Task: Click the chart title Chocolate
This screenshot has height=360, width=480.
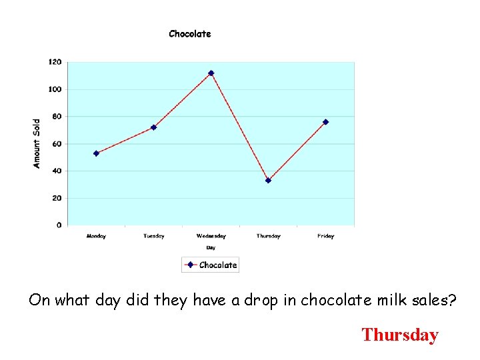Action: coord(190,34)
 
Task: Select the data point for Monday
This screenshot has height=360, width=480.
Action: coord(96,153)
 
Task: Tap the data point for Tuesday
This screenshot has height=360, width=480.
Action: coord(153,127)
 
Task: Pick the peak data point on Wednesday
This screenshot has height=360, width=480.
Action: coord(211,73)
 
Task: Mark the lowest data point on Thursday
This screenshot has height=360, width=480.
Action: coord(268,180)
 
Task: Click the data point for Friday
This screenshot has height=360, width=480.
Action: coord(325,122)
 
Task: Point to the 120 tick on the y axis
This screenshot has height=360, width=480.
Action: coord(55,62)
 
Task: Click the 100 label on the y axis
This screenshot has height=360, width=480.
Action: coord(55,89)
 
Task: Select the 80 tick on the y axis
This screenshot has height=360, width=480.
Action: coord(56,117)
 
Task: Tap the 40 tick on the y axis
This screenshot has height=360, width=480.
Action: coord(56,171)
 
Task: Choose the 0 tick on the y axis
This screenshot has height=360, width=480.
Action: coord(59,225)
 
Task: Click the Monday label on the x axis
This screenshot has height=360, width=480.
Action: coord(96,236)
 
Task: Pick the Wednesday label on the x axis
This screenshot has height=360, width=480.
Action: coord(211,236)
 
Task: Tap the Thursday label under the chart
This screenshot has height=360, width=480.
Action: coord(268,236)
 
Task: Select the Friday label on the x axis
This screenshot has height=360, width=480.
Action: coord(325,236)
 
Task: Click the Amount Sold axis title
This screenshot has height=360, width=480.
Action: coord(37,143)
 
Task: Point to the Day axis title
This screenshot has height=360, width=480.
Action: coord(211,247)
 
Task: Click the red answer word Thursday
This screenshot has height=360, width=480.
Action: coord(399,335)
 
